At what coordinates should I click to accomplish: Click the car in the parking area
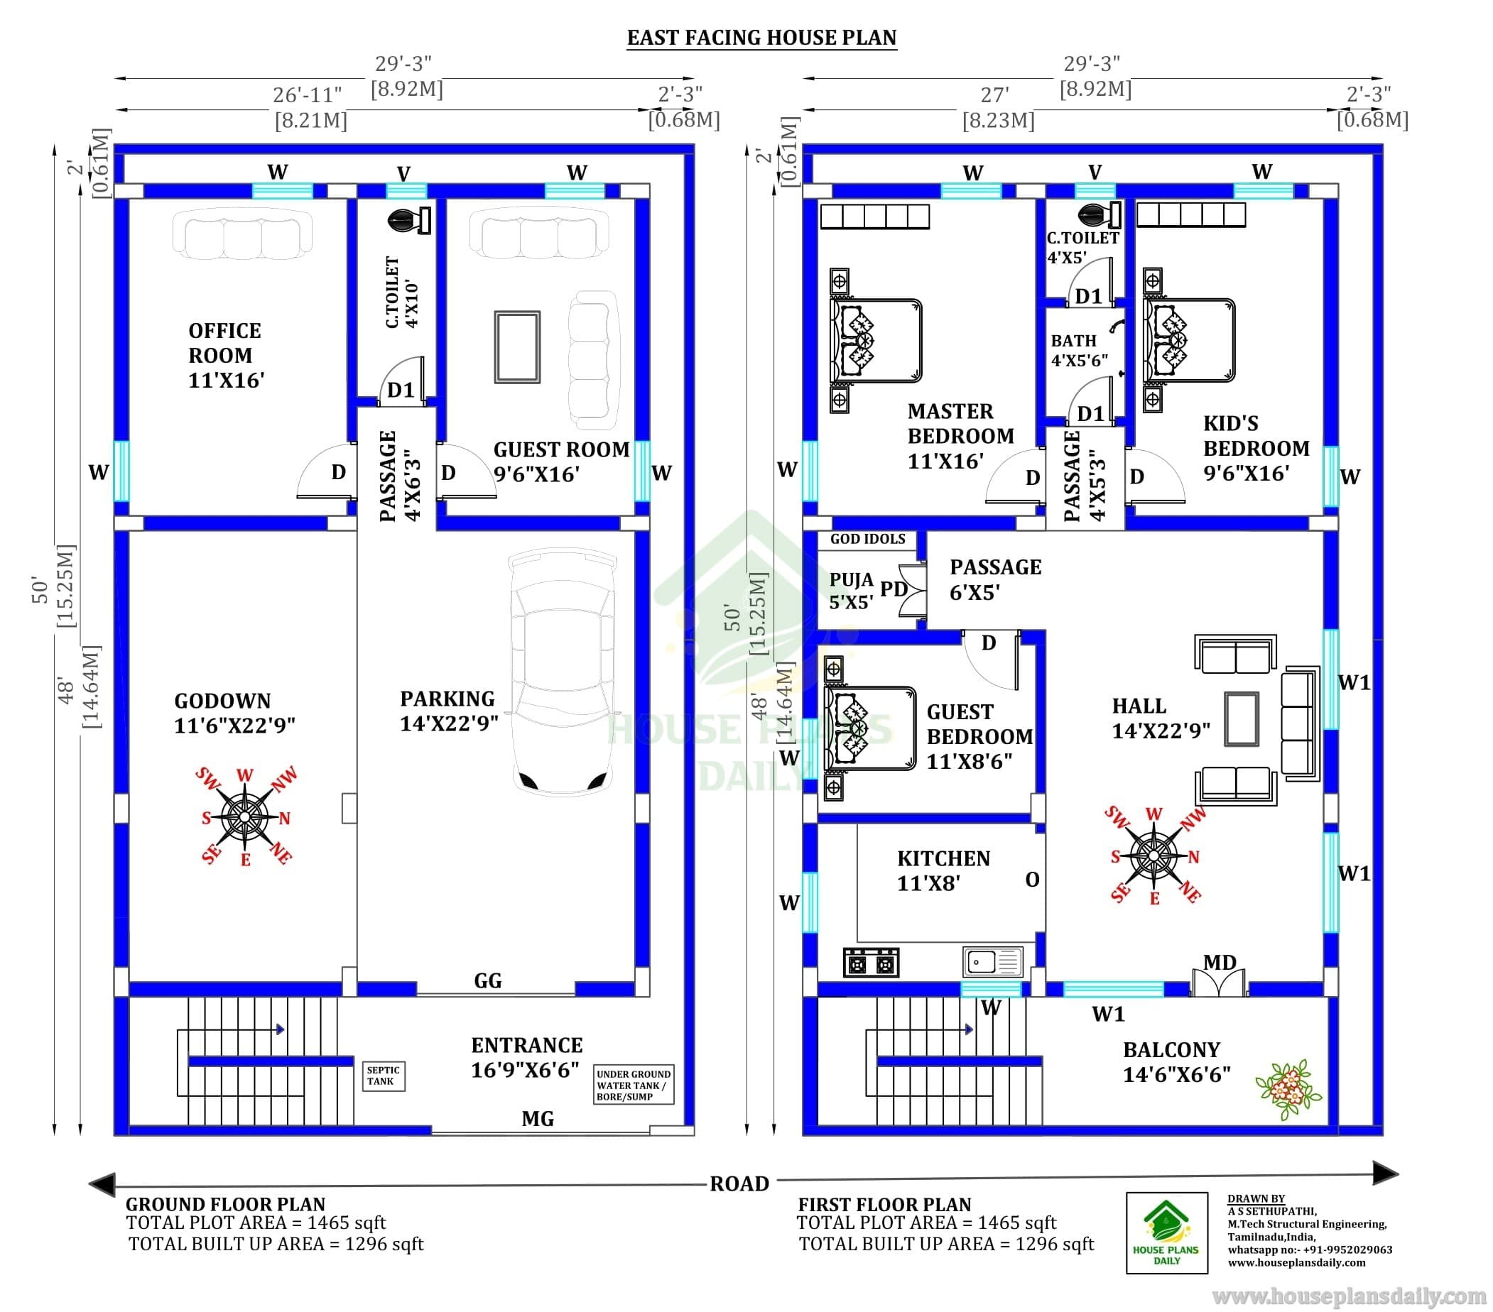(x=562, y=672)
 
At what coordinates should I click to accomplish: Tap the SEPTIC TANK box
(x=384, y=1076)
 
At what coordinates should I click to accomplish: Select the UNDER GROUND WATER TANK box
(x=634, y=1084)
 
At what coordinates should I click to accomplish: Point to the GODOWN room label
(x=234, y=714)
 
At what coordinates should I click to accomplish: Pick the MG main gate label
(x=538, y=1118)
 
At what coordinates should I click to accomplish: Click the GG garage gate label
(x=488, y=980)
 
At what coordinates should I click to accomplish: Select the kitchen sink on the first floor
(x=993, y=961)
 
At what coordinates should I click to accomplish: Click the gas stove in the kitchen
(x=871, y=962)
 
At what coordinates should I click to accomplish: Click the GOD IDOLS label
(x=868, y=539)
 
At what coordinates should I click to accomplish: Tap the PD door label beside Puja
(x=894, y=589)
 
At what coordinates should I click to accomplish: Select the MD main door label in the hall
(x=1219, y=962)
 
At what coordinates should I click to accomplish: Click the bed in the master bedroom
(x=876, y=340)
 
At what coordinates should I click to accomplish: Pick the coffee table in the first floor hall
(x=1242, y=718)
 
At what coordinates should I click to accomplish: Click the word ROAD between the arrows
(x=739, y=1183)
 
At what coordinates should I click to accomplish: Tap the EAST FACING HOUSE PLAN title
(x=762, y=38)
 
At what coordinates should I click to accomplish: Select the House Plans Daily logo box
(x=1166, y=1232)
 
